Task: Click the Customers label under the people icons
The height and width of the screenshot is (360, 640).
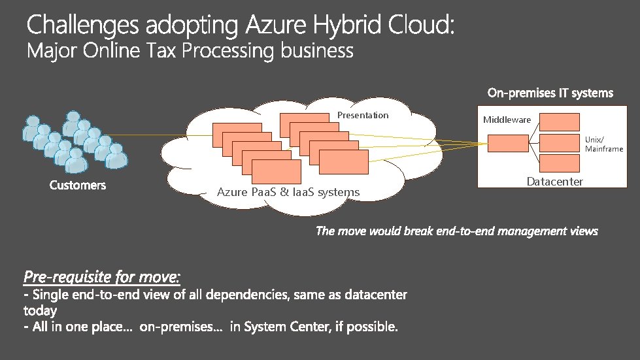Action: pyautogui.click(x=78, y=186)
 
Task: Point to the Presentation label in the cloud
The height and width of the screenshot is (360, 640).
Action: pyautogui.click(x=363, y=115)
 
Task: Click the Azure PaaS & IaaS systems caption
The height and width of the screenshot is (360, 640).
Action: pyautogui.click(x=288, y=192)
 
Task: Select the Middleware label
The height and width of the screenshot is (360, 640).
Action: pyautogui.click(x=507, y=120)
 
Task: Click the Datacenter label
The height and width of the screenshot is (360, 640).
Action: pyautogui.click(x=554, y=182)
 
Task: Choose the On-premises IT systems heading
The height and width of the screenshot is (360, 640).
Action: pyautogui.click(x=550, y=93)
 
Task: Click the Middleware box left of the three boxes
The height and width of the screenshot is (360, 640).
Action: pyautogui.click(x=508, y=142)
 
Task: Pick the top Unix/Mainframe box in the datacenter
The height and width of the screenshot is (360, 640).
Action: pyautogui.click(x=560, y=122)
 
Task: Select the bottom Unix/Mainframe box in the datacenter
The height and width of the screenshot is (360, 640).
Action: pyautogui.click(x=560, y=163)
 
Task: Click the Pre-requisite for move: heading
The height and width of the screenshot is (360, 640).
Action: pyautogui.click(x=102, y=277)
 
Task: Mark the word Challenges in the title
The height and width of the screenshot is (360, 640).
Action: pyautogui.click(x=82, y=25)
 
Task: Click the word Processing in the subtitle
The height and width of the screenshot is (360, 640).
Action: pyautogui.click(x=228, y=50)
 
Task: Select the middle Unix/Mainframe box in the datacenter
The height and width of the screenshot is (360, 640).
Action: pyautogui.click(x=560, y=142)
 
